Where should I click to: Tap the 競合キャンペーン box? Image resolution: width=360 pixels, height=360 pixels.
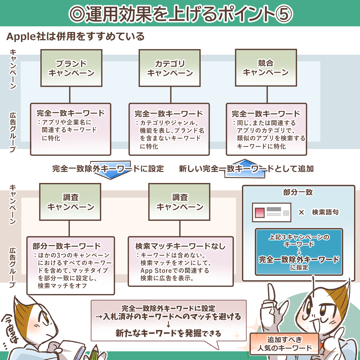[266, 68]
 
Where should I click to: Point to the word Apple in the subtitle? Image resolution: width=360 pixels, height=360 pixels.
[21, 36]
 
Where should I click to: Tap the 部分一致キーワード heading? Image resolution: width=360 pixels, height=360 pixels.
[66, 246]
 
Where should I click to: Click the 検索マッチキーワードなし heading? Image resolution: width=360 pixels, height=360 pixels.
[180, 246]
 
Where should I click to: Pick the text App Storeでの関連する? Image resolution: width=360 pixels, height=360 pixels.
[175, 271]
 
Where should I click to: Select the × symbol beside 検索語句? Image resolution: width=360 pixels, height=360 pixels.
[301, 212]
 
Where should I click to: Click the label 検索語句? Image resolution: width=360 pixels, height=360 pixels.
[325, 212]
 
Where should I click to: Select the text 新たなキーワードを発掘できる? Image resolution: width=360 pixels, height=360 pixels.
[168, 333]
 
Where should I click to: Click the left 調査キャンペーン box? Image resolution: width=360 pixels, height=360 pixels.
[70, 202]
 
